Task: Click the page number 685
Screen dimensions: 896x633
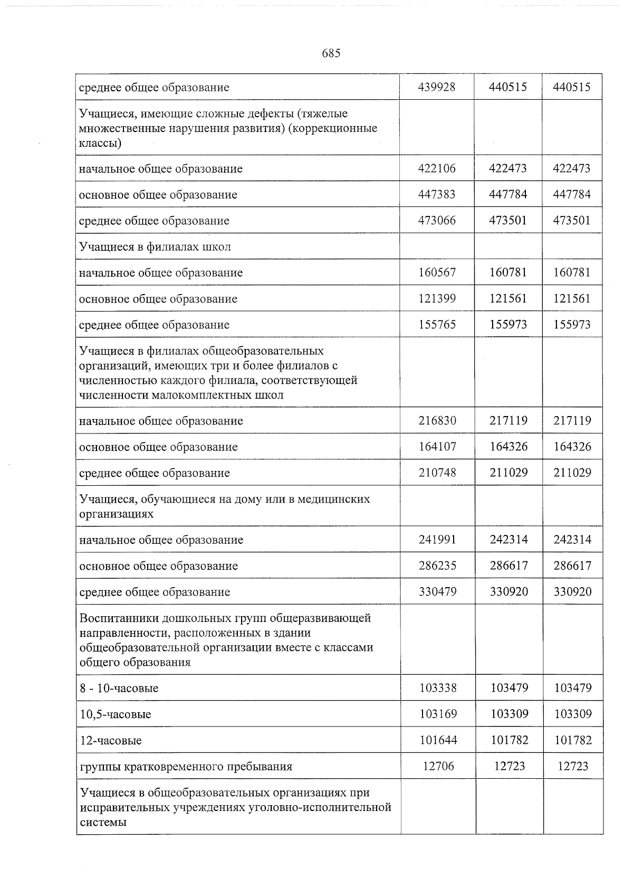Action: coord(331,53)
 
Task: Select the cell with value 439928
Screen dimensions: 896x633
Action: coord(436,87)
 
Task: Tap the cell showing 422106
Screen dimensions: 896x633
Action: coord(436,168)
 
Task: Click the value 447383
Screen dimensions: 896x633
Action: coord(436,194)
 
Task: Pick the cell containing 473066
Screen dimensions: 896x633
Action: coord(436,220)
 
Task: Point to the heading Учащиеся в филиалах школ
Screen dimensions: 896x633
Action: coord(155,247)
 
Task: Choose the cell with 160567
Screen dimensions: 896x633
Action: coord(437,272)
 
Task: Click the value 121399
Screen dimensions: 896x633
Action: coord(437,298)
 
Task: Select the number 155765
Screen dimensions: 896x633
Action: coord(437,324)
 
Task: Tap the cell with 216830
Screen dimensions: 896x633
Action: coord(437,421)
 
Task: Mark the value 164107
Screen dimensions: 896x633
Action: coord(437,447)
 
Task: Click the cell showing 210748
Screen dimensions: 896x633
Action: coord(437,473)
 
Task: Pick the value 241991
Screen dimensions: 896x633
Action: coord(437,540)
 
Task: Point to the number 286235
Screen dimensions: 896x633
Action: coord(437,565)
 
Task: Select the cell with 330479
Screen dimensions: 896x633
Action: coord(437,591)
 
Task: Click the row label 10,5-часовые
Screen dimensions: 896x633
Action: coord(115,714)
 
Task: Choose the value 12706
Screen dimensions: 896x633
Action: coord(438,766)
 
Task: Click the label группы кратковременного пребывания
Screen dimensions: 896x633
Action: coord(186,766)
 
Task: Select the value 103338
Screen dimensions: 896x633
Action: coord(438,688)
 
